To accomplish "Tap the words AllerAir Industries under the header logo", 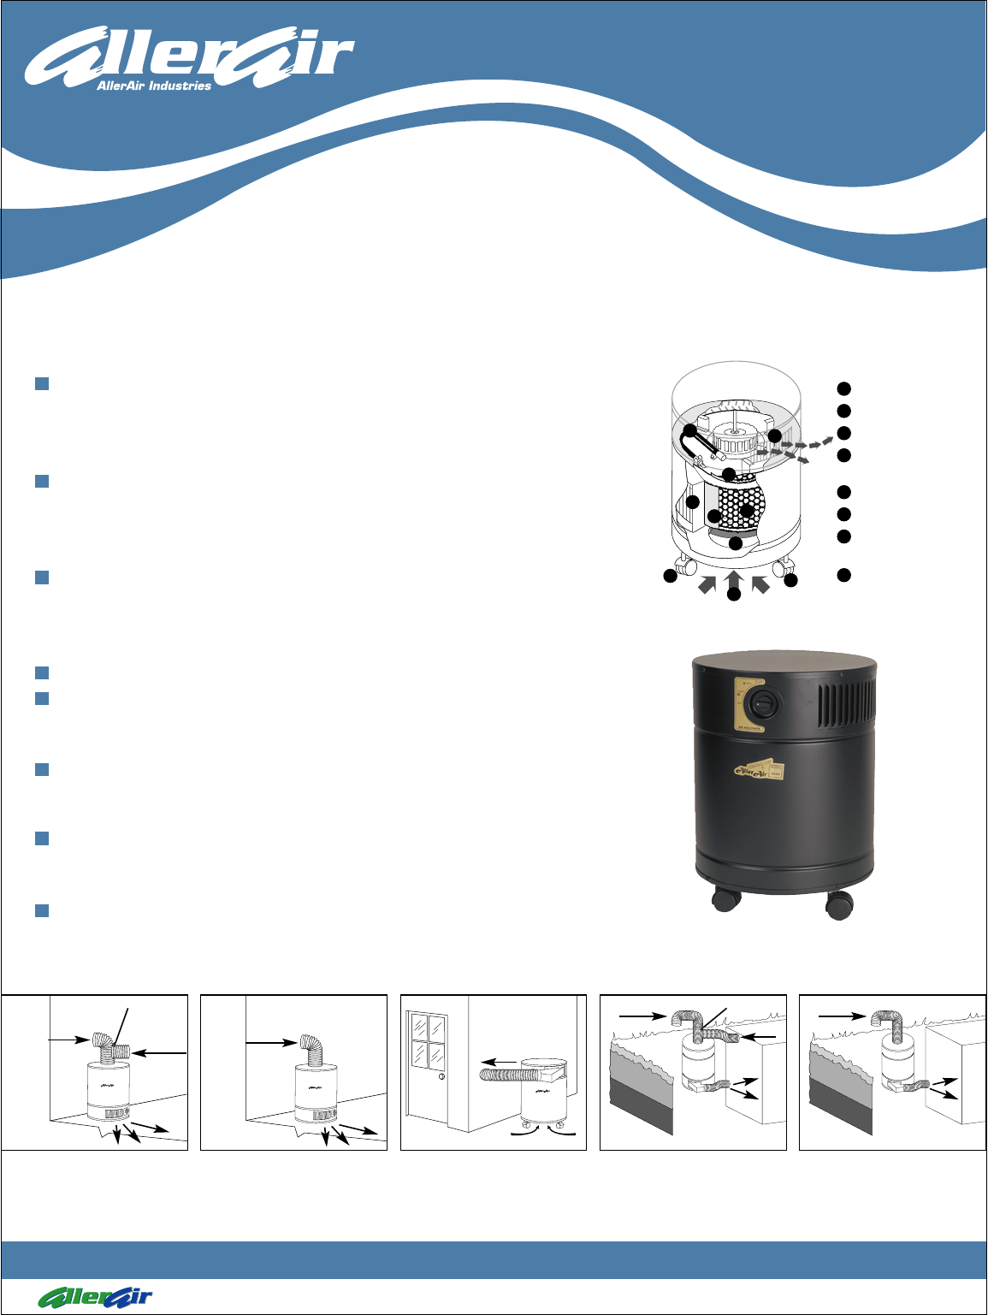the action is click(x=154, y=86).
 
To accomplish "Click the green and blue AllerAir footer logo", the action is click(x=94, y=1296).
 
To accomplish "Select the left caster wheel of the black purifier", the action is click(x=726, y=899).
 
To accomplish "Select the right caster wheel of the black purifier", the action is click(x=838, y=903).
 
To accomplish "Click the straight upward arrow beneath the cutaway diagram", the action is click(x=734, y=578).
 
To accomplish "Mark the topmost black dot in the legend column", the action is click(x=843, y=389).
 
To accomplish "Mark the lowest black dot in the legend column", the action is click(x=843, y=575).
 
